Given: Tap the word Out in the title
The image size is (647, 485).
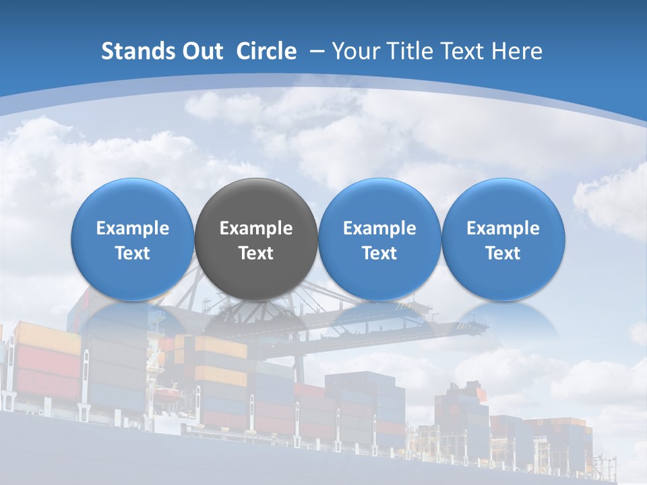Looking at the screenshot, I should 201,51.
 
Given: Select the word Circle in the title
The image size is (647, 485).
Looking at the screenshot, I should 266,51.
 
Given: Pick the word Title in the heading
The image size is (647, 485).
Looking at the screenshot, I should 408,51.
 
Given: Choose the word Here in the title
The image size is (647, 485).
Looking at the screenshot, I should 516,51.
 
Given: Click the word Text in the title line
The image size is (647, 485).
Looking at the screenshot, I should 460,51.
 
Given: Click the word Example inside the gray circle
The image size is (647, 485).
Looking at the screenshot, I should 256,228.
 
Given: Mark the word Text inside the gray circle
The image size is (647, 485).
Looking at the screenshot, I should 256,253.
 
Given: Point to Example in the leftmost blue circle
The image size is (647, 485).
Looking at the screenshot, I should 133,228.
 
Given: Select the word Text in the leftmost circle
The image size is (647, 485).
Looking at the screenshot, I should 133,253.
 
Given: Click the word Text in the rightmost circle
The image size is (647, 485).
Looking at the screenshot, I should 503,253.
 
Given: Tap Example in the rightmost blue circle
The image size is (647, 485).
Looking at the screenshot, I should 503,228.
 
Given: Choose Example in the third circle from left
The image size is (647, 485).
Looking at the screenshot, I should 379,228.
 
